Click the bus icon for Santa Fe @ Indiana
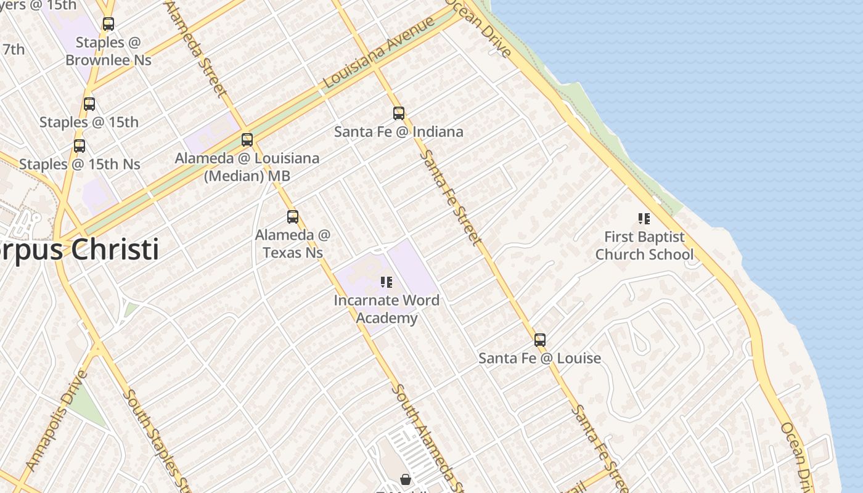399,113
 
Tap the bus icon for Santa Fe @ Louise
540,340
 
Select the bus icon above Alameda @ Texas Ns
293,217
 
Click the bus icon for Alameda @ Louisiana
247,140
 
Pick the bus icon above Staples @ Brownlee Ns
108,24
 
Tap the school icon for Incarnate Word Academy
387,282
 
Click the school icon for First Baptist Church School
644,218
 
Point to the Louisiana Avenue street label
378,52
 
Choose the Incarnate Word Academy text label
387,309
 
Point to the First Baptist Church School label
644,245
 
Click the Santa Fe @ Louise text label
539,358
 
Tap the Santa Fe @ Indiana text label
398,132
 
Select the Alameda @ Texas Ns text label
293,244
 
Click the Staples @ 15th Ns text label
80,165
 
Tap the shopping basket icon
406,479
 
